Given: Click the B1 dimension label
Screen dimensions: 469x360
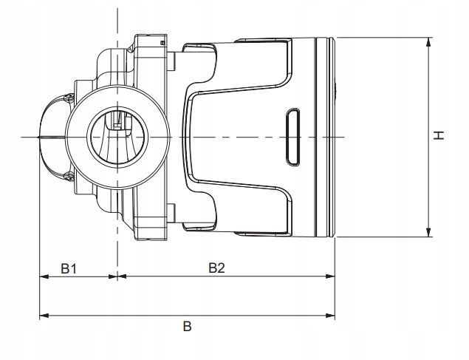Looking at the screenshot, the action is coord(69,268).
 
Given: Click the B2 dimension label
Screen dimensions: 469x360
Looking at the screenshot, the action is coord(216,268).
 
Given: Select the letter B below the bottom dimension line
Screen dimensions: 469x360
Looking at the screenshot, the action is coord(188,326).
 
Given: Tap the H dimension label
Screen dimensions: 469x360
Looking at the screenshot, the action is coord(439,135).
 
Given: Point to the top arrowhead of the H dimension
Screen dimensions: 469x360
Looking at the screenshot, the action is coord(428,42).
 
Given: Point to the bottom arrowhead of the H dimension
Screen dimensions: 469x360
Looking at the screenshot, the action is coord(428,232).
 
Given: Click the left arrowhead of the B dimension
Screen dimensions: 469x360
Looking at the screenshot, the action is coord(44,316).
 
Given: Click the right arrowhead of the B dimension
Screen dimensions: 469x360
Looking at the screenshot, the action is coord(330,316).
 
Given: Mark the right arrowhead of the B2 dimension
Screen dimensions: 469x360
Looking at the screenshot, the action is coord(330,276).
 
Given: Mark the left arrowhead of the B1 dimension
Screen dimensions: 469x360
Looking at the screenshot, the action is coord(44,276).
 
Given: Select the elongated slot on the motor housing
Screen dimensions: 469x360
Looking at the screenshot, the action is coord(293,137).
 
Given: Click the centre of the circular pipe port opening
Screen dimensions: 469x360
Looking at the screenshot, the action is coord(117,137).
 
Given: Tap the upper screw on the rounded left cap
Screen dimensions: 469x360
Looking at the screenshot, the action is coord(70,98).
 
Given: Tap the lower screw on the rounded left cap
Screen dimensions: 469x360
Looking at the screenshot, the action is coord(70,177).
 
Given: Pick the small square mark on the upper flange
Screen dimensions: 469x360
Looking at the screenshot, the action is coord(162,43).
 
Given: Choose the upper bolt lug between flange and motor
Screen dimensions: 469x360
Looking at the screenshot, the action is coord(171,61).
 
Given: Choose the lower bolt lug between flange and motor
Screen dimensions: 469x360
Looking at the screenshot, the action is coord(171,213).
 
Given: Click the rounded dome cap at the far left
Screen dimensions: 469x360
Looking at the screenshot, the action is coord(54,137).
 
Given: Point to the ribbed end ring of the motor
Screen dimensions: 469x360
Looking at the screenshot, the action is coord(326,137).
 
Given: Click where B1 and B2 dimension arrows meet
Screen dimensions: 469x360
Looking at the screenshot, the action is coord(117,276).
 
